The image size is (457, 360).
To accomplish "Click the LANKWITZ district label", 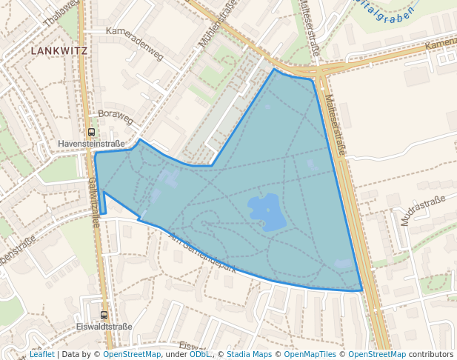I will [59, 51].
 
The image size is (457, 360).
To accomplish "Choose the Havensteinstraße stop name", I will [92, 143].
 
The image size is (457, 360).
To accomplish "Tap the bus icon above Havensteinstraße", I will [92, 132].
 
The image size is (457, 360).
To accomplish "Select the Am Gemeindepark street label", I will [201, 253].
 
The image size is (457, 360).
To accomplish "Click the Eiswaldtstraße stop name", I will [104, 326].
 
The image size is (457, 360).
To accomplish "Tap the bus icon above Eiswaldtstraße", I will [104, 315].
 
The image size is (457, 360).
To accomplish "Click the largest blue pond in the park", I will [267, 212].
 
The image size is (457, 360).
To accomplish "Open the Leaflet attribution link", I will [41, 354].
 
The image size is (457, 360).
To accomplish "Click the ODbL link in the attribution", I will [199, 354].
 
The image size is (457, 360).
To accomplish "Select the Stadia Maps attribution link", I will [249, 354].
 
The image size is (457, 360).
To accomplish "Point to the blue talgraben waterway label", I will [384, 12].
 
